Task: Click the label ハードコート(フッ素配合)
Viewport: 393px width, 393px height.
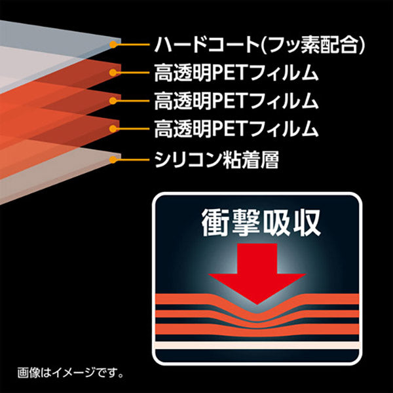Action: coord(259,45)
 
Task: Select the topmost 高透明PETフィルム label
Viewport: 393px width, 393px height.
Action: coord(236,73)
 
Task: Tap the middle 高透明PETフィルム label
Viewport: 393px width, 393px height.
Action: coord(236,101)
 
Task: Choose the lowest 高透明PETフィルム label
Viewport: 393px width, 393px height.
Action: coord(236,129)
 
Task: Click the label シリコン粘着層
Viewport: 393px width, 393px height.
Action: coord(216,160)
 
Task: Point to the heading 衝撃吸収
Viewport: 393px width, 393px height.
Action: coord(261,223)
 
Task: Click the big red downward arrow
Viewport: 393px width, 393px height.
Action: coord(257,274)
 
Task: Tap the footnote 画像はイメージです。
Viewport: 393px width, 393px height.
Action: coord(71,373)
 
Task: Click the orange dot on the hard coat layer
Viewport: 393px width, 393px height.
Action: coord(113,45)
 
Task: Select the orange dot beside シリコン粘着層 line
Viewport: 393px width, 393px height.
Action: coord(113,160)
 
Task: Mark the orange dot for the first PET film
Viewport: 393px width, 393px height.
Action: coord(113,73)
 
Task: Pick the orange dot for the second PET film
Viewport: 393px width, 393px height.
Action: coord(113,101)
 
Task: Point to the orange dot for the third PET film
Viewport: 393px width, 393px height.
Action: coord(113,129)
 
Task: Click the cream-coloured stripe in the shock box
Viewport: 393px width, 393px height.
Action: coord(257,345)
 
